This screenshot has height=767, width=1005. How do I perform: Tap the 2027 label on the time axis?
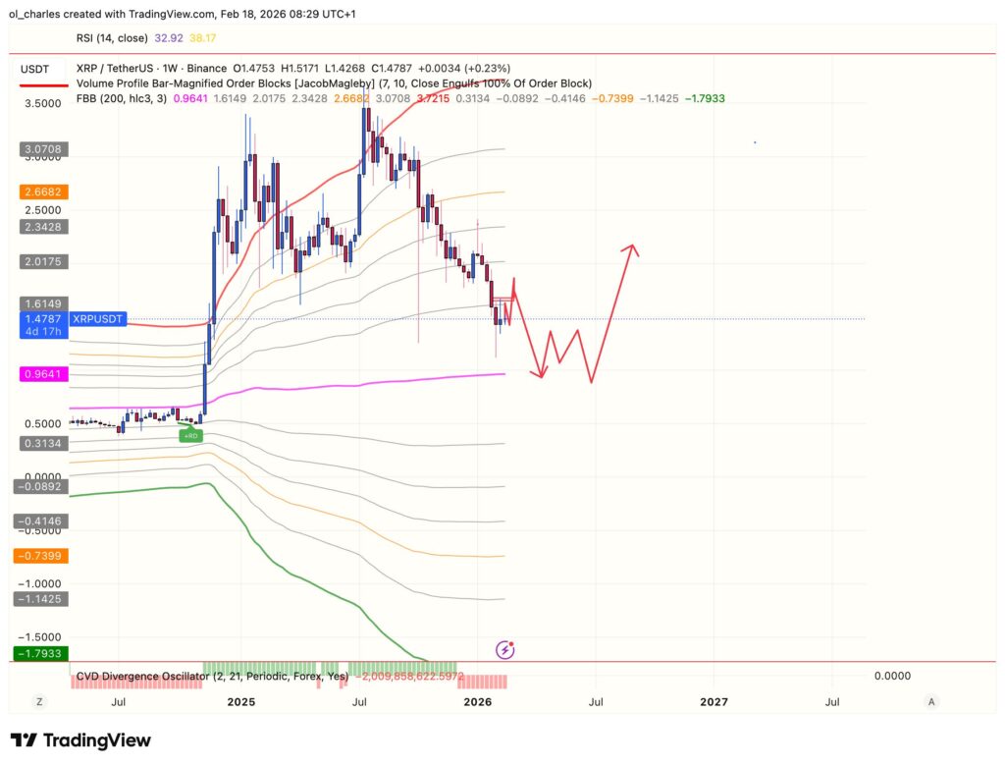coord(714,701)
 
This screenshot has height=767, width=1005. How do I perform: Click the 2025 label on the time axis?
coord(240,701)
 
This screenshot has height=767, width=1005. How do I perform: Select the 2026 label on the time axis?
coord(477,701)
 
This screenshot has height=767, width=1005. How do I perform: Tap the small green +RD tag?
coord(190,435)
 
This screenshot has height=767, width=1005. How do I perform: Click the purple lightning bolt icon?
coord(505,649)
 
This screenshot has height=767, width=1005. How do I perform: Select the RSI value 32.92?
coord(164,38)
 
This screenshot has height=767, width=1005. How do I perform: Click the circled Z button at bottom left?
coord(40,701)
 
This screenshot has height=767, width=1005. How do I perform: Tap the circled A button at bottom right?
coord(931,701)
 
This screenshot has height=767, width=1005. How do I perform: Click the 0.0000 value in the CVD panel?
coord(892,676)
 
